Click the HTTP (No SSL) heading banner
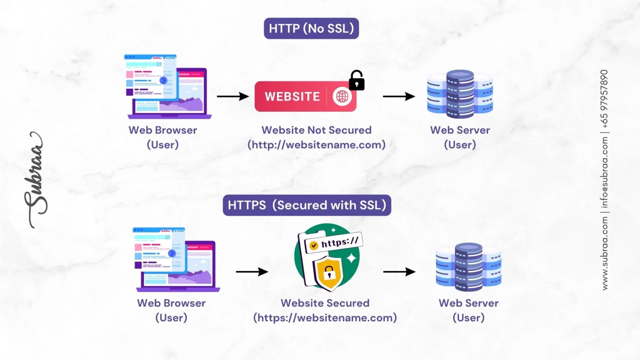coord(311,28)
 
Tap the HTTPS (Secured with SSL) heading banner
coord(307,205)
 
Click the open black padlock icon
coord(356,81)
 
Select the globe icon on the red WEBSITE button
coord(342,96)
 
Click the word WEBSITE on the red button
coord(292,97)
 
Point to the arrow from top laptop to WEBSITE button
coord(232,96)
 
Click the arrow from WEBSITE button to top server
coord(399,96)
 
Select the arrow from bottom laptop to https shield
coord(252,272)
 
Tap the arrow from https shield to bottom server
coord(399,272)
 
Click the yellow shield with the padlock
coord(329,273)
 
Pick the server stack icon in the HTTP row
coord(460,94)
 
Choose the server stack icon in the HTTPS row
coord(468,267)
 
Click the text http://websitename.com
coord(316,145)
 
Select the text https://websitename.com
coord(325,317)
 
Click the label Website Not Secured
coord(316,130)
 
